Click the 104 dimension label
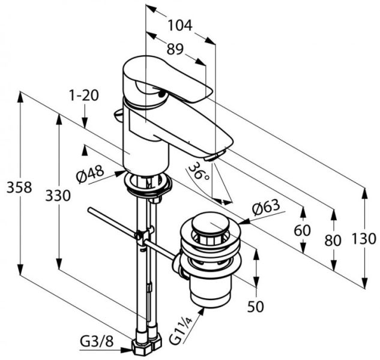[179, 25]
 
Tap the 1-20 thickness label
[83, 95]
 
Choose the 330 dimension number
[58, 196]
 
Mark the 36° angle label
[198, 172]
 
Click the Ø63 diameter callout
[267, 208]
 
